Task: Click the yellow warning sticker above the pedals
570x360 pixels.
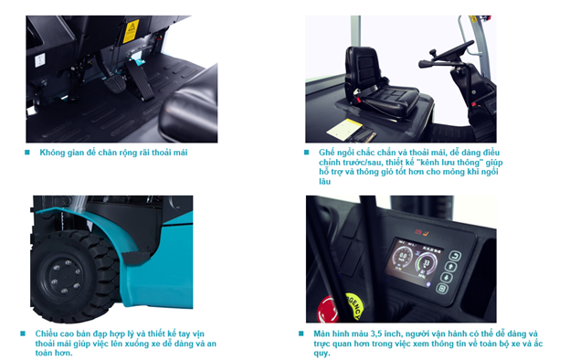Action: (131, 32)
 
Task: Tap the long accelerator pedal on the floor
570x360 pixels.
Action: (140, 80)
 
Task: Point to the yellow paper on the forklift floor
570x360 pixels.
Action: (344, 128)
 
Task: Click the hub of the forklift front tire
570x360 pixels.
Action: (66, 277)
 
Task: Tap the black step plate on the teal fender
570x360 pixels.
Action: (135, 258)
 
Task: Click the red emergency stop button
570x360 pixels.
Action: (328, 310)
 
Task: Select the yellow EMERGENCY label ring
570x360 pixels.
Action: (354, 306)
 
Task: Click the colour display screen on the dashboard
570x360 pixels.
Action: (413, 262)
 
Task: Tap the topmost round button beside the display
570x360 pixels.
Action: (455, 256)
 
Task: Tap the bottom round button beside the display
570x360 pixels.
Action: (442, 289)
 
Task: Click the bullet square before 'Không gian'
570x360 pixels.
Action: (26, 153)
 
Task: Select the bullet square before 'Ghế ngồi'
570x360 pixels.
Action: (306, 153)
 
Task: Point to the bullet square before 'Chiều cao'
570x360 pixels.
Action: (23, 334)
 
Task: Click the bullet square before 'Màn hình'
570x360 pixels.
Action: (301, 334)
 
